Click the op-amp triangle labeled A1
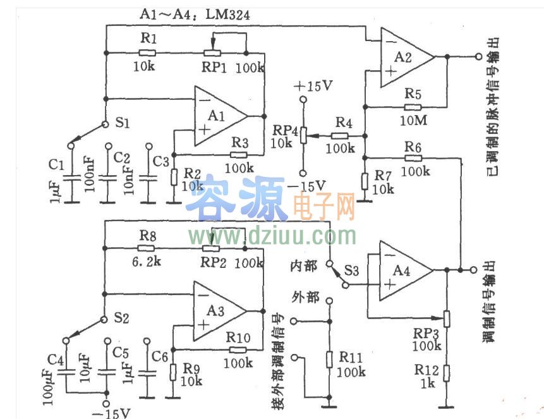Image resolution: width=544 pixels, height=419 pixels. [218, 117]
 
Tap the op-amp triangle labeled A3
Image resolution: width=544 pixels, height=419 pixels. [218, 311]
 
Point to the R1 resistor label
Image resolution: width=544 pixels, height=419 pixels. [147, 39]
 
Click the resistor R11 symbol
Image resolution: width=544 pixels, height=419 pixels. [329, 360]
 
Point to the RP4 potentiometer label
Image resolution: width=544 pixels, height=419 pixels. [282, 129]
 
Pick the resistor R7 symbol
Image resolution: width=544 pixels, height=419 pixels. [364, 181]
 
